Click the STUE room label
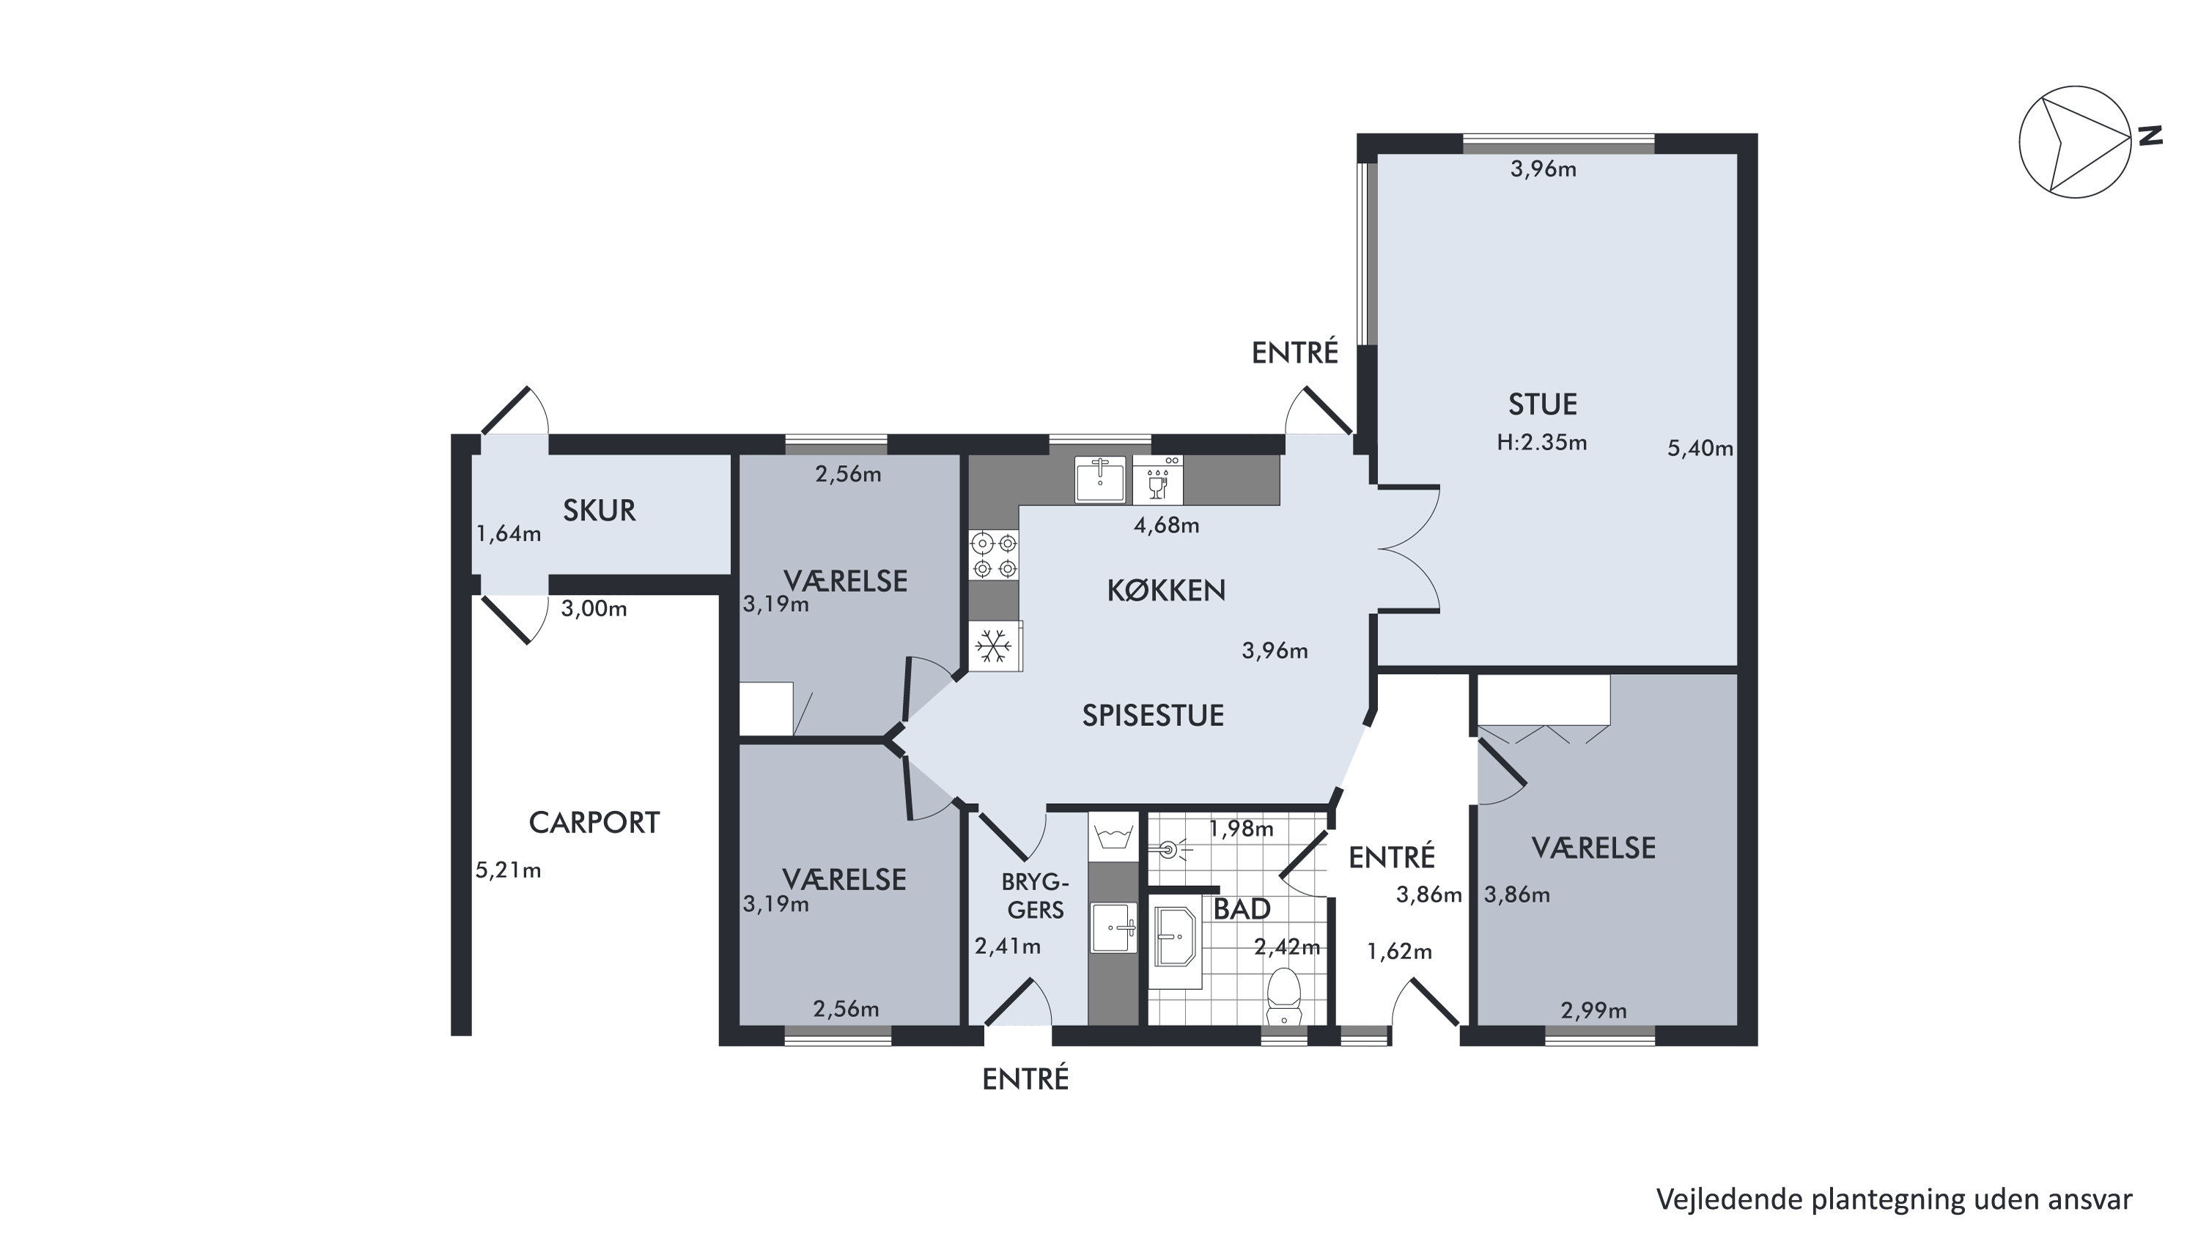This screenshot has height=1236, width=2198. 1543,404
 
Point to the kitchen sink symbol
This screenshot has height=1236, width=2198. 1100,479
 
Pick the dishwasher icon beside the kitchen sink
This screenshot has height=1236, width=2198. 1158,480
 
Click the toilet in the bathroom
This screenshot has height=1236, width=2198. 1284,996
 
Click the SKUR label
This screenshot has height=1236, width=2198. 599,511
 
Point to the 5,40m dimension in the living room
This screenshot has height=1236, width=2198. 1700,448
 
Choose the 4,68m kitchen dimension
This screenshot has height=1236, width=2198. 1166,525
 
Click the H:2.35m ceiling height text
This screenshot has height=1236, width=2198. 1542,443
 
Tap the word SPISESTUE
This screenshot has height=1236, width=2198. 1153,716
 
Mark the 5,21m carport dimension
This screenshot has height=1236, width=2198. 508,871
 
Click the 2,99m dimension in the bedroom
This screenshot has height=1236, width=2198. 1594,1011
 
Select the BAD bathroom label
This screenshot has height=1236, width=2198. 1242,909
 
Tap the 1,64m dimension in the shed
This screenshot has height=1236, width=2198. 508,535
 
